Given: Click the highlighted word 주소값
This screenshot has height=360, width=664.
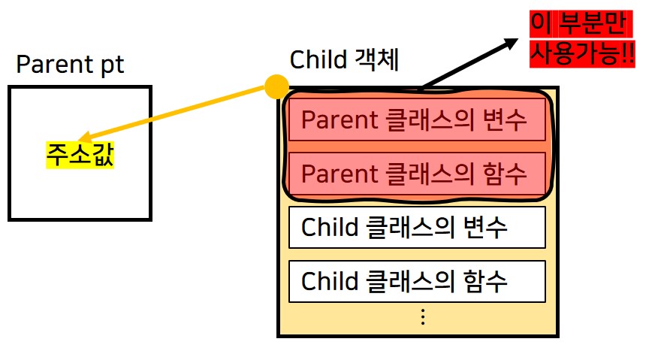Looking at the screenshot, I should click(80, 156).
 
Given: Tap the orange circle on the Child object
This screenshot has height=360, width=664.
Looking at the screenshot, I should click(277, 87).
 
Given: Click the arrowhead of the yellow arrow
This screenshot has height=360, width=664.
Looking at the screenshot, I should click(81, 140).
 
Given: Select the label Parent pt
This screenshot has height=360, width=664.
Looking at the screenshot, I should click(70, 65).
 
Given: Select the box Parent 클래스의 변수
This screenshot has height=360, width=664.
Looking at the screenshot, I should click(416, 119).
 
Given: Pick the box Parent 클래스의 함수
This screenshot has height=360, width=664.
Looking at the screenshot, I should click(416, 174).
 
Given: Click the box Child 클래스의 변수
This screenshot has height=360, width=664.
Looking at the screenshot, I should click(416, 227).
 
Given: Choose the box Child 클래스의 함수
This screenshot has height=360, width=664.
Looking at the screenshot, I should click(416, 281).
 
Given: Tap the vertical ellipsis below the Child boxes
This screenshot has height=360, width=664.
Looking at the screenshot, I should click(422, 317).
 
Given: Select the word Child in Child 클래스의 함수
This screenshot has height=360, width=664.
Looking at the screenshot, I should click(327, 281).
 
